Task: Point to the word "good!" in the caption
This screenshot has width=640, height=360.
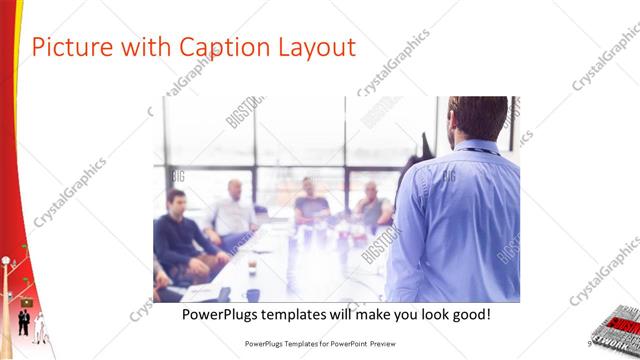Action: [467, 315]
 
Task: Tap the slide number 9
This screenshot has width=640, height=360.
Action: [590, 343]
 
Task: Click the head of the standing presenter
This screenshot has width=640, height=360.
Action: [481, 118]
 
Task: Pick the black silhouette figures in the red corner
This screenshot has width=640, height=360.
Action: [23, 322]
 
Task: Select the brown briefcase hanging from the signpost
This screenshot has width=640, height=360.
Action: [26, 300]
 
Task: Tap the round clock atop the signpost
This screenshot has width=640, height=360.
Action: [6, 261]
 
